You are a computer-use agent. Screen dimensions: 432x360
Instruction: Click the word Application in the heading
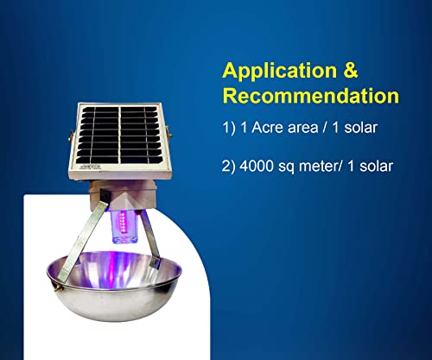click(279, 72)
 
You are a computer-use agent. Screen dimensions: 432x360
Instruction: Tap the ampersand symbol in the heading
click(351, 70)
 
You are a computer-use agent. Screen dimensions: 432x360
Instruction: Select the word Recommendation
click(311, 96)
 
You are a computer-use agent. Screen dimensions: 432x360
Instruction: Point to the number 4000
click(257, 167)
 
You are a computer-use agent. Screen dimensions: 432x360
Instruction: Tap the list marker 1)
click(229, 128)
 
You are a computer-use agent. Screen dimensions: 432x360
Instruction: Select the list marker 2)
click(229, 167)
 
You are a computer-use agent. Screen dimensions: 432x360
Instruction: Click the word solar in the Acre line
click(360, 128)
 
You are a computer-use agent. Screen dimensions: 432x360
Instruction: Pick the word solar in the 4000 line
click(376, 167)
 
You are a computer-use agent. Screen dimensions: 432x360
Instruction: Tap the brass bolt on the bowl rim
click(60, 287)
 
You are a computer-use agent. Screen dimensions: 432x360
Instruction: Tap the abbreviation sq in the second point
click(287, 167)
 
